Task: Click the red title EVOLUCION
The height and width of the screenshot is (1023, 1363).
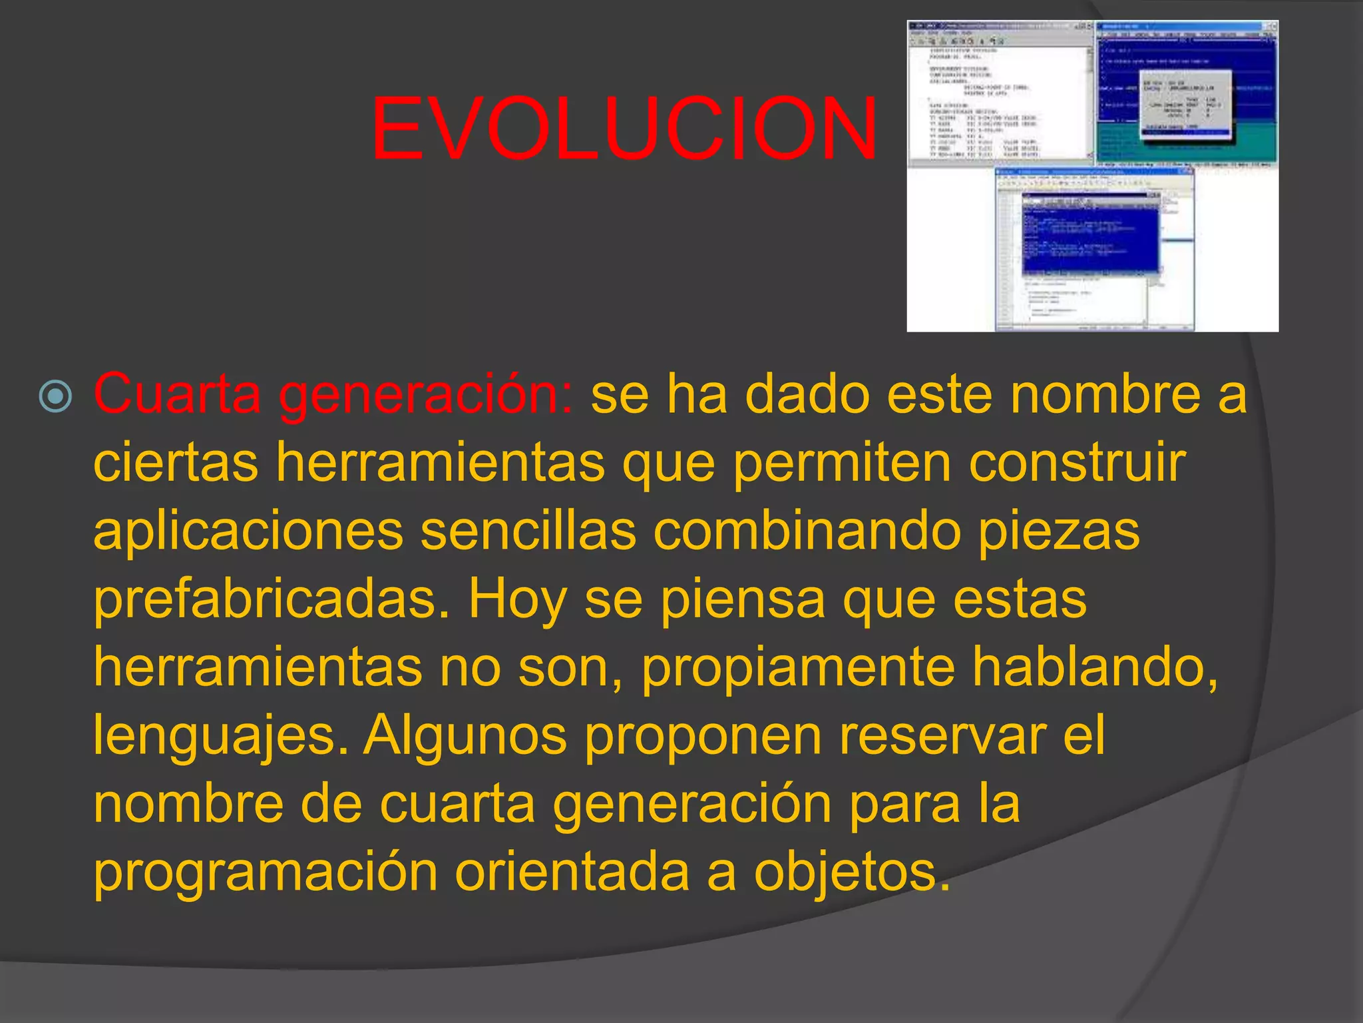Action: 624,129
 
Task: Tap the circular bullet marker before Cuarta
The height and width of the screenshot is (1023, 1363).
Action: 56,397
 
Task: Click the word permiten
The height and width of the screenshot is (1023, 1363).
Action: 842,463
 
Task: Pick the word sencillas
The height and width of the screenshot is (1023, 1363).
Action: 528,531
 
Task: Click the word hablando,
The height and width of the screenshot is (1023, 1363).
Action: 1095,667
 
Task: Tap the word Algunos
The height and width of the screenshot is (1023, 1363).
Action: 465,737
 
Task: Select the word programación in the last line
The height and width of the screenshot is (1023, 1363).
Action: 265,872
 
